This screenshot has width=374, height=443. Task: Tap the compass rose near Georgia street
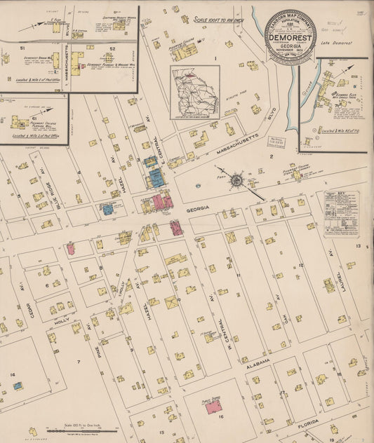pos(237,181)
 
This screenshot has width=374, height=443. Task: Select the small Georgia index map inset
pos(195,93)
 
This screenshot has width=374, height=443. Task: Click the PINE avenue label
pos(89,320)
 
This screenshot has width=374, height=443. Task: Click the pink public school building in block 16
pos(213,406)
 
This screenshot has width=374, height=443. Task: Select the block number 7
pos(79,362)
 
